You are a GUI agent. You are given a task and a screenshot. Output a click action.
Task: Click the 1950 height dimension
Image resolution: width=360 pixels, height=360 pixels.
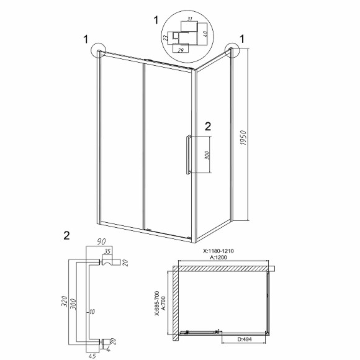tap(243, 138)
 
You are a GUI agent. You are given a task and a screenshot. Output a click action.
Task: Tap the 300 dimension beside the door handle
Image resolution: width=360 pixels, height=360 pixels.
tap(207, 155)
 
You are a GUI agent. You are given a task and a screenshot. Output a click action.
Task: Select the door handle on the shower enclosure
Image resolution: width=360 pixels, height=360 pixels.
tap(188, 155)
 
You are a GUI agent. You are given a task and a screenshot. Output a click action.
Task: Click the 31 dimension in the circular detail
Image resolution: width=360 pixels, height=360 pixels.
tap(189, 19)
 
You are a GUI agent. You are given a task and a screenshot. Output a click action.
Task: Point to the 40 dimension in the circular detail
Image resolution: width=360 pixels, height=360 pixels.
tap(205, 33)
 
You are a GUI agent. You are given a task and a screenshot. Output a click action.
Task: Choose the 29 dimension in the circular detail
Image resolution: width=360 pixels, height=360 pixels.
tap(181, 50)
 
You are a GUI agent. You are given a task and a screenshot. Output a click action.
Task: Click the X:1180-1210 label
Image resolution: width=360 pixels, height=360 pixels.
tap(218, 251)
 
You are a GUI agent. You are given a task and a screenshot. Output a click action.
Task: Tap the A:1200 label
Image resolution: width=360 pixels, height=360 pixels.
tap(218, 257)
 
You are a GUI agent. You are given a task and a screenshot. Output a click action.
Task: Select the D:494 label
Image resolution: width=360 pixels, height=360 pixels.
tap(245, 339)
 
